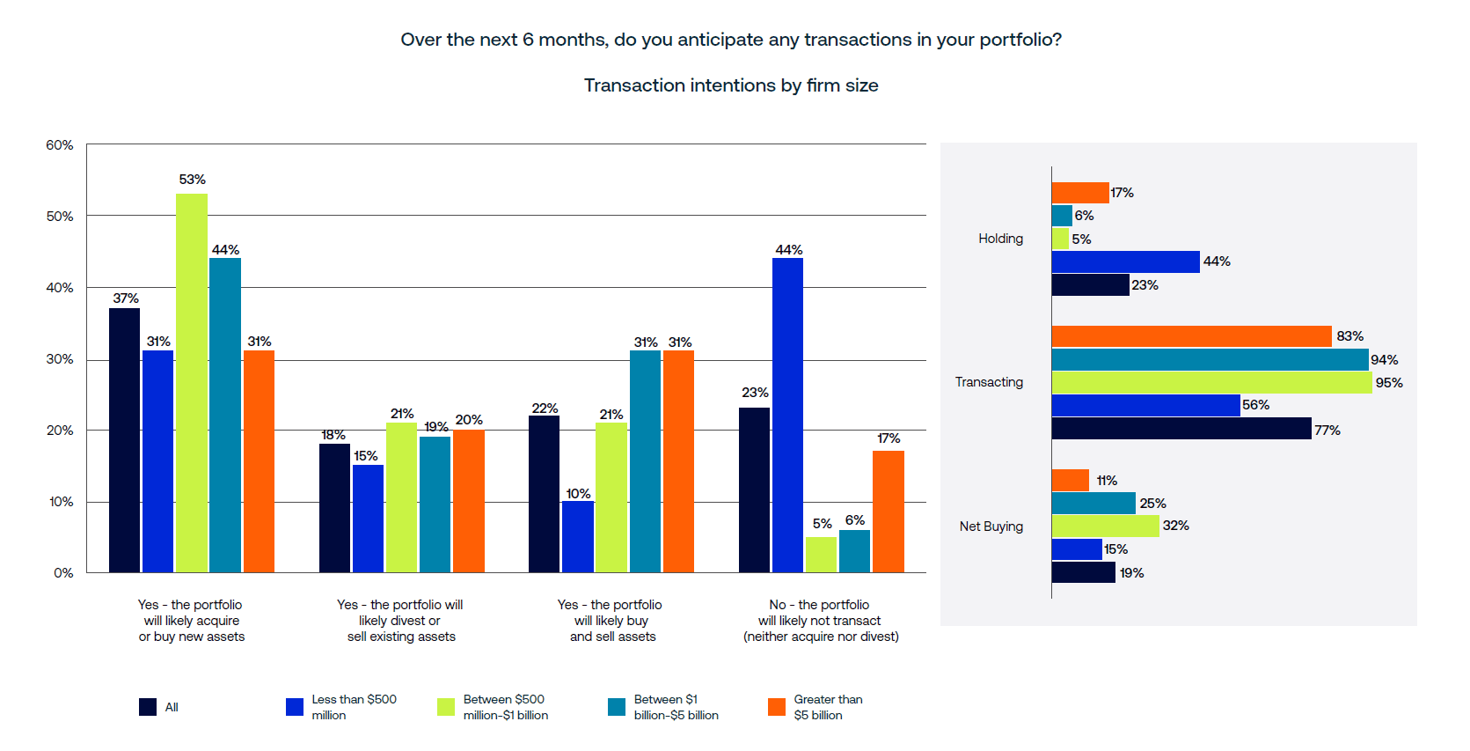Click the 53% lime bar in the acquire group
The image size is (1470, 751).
coord(192,383)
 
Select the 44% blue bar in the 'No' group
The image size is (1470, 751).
coord(787,415)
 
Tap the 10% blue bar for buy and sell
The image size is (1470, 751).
coord(578,537)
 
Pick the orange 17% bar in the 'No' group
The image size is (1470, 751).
coord(889,512)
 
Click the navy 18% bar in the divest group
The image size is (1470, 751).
coord(334,508)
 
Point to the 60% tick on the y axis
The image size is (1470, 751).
coord(60,145)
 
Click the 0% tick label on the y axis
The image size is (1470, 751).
coord(63,573)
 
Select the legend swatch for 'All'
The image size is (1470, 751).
coord(148,707)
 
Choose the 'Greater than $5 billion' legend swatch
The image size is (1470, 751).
coord(777,707)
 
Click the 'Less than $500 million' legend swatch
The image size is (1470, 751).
coord(295,707)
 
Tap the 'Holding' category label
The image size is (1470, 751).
coord(1000,239)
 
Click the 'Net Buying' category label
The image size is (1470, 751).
coord(991,526)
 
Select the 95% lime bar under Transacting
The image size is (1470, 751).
coord(1211,382)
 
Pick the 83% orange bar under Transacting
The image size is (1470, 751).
coord(1191,336)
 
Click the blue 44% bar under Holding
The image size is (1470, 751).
coord(1125,261)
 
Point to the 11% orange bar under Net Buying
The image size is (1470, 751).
coord(1070,480)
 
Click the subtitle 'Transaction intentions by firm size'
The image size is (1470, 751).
coord(731,85)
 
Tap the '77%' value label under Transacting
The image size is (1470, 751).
coord(1327,431)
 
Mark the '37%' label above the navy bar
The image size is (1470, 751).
coord(126,298)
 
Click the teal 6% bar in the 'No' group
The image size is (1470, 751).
coord(854,551)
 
